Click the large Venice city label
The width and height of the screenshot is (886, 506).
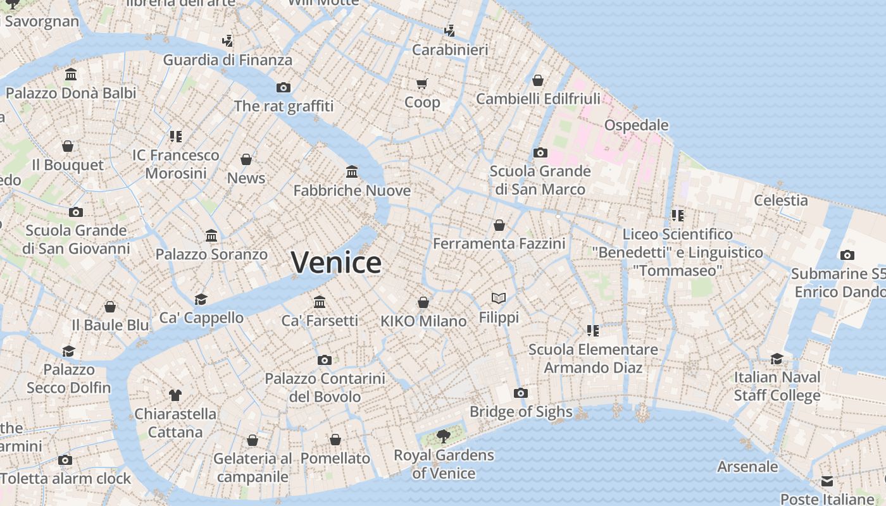point(336,262)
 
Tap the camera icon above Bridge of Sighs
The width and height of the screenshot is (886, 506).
point(520,393)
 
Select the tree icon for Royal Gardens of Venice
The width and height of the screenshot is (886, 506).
point(444,435)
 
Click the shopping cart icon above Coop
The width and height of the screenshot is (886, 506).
point(421,83)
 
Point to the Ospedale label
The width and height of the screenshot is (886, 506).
point(636,125)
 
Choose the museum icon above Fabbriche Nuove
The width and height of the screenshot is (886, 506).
point(352,171)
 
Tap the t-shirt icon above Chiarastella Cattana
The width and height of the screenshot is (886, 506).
point(175,395)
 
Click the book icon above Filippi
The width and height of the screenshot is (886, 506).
point(499,298)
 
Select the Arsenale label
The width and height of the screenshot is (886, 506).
point(747,467)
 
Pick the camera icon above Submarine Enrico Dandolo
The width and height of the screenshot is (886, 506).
point(847,255)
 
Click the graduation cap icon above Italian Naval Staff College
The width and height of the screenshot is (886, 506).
point(777,359)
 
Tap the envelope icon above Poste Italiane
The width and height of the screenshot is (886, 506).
point(827,481)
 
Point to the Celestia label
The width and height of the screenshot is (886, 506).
point(780,201)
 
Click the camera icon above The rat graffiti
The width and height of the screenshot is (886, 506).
point(283,87)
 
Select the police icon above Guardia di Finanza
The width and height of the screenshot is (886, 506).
point(227,41)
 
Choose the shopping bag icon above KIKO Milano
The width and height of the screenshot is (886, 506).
point(423,302)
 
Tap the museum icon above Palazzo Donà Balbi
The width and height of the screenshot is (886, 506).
point(71,74)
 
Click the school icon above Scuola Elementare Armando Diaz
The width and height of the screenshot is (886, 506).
point(592,330)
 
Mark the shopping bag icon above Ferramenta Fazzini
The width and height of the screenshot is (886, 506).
point(499,225)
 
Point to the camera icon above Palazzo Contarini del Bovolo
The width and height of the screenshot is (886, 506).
point(324,360)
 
